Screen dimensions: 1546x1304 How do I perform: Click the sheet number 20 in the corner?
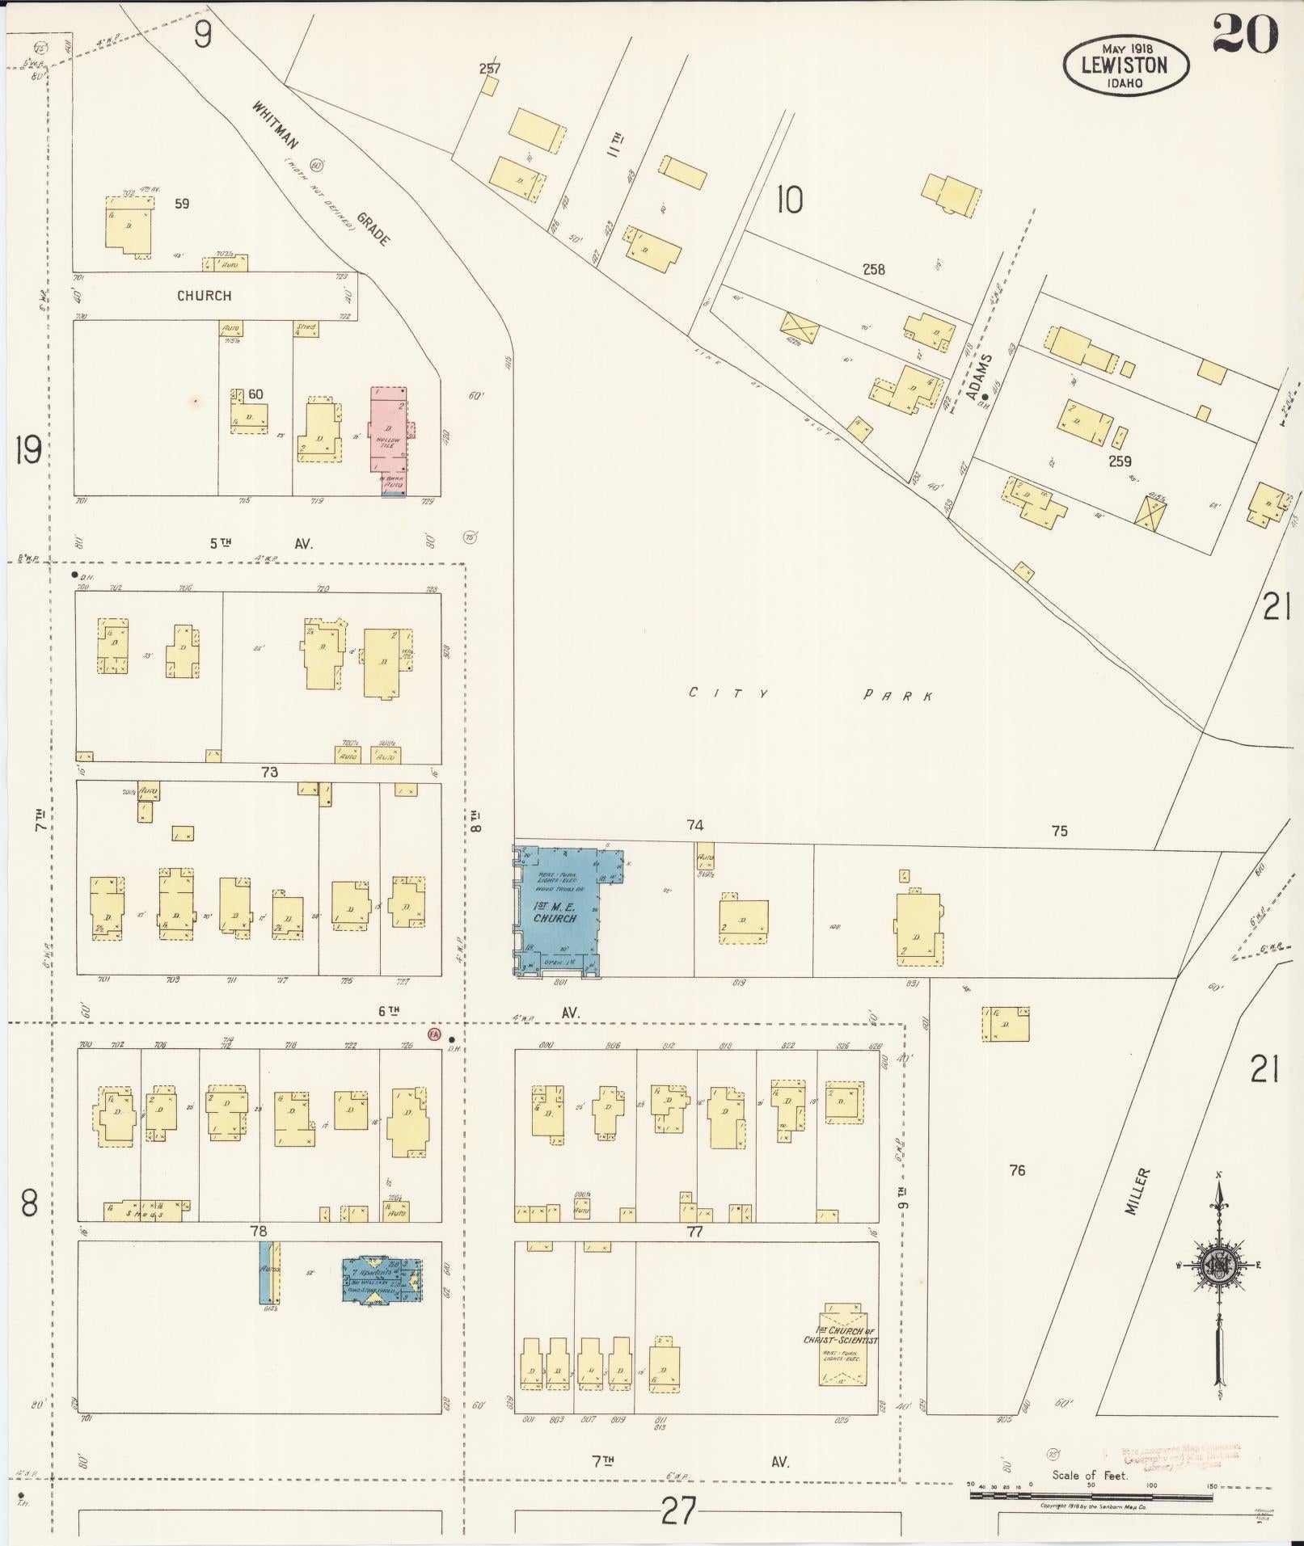pyautogui.click(x=1245, y=34)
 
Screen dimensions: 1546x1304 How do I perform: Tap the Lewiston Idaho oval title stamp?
pyautogui.click(x=1125, y=65)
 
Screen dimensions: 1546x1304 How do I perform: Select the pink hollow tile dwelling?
pyautogui.click(x=389, y=432)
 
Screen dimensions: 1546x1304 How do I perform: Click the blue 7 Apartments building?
pyautogui.click(x=381, y=1280)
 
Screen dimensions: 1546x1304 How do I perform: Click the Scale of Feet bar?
pyautogui.click(x=1120, y=1496)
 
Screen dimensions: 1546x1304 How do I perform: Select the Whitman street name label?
pyautogui.click(x=276, y=125)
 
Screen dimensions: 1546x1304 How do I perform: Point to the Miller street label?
pyautogui.click(x=1136, y=1191)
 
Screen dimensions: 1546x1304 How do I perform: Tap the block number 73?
pyautogui.click(x=269, y=772)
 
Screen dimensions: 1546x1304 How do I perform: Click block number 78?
pyautogui.click(x=258, y=1231)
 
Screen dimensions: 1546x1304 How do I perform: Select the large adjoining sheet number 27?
pyautogui.click(x=677, y=1510)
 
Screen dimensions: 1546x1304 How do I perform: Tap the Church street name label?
pyautogui.click(x=204, y=296)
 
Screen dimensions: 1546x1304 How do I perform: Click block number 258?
pyautogui.click(x=873, y=269)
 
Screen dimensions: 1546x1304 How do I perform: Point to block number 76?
pyautogui.click(x=1017, y=1169)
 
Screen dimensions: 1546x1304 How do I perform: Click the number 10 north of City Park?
pyautogui.click(x=789, y=199)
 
